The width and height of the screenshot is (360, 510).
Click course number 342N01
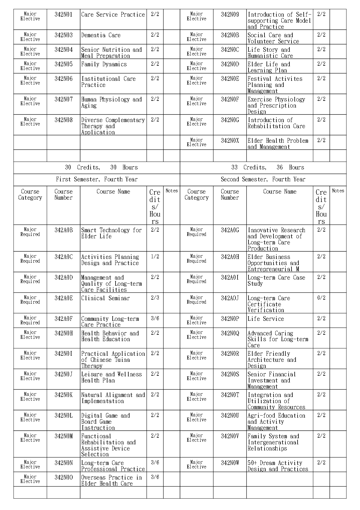point(63,15)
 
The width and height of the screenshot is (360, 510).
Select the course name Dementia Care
point(101,35)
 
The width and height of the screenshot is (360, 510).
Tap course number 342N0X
point(230,141)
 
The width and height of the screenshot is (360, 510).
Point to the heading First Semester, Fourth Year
point(97,179)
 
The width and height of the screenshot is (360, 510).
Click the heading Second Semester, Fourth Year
point(263,179)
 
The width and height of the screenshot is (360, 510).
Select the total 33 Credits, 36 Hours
point(263,167)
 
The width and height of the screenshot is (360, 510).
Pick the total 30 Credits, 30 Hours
point(97,167)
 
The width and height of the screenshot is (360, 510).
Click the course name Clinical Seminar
point(105,298)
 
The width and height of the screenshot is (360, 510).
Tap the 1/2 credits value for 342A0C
point(155,257)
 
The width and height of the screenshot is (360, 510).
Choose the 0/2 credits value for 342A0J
point(321,298)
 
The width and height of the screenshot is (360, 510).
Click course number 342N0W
point(230,463)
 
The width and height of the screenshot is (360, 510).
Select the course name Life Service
point(266,319)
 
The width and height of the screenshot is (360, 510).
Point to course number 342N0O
point(63,477)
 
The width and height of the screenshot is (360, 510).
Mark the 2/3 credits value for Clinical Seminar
point(155,298)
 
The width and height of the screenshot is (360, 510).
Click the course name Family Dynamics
point(104,64)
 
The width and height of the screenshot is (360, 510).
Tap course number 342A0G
point(230,230)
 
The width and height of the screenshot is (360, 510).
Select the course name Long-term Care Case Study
point(276,280)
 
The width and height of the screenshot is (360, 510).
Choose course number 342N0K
point(63,395)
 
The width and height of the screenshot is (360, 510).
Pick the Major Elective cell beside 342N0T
point(197,397)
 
